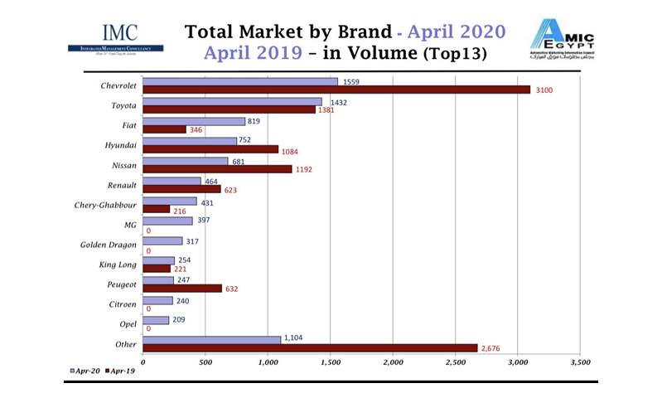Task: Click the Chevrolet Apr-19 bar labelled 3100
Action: [336, 90]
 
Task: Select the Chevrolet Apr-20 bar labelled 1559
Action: [240, 81]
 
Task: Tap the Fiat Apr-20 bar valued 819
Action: [194, 121]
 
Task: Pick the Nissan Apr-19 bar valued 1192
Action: [217, 169]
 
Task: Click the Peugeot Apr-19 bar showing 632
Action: [182, 289]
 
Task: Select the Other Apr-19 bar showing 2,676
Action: [310, 348]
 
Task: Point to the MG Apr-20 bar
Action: [167, 221]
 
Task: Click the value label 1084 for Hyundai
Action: [289, 150]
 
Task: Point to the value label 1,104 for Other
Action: [294, 339]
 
